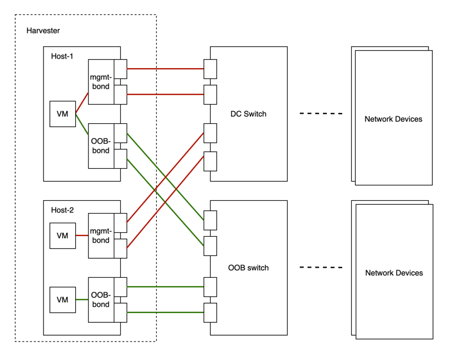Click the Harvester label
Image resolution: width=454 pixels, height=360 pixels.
pyautogui.click(x=43, y=31)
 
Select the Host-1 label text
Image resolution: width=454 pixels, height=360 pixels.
pyautogui.click(x=62, y=56)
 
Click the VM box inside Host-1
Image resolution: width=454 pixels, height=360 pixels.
pyautogui.click(x=62, y=114)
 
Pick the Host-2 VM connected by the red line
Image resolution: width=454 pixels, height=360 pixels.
pyautogui.click(x=62, y=236)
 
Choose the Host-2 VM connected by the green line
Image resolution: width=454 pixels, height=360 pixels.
pyautogui.click(x=62, y=300)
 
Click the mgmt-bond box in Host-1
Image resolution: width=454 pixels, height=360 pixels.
pyautogui.click(x=101, y=81)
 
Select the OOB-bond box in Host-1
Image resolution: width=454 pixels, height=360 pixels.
pyautogui.click(x=101, y=146)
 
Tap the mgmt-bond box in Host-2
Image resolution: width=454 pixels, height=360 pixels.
pyautogui.click(x=101, y=236)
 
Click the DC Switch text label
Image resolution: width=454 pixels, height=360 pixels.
pyautogui.click(x=248, y=114)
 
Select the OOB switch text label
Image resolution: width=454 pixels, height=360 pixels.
pyautogui.click(x=248, y=268)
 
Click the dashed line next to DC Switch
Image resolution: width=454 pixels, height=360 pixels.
pyautogui.click(x=321, y=114)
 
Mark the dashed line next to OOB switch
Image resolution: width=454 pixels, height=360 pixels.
pyautogui.click(x=321, y=268)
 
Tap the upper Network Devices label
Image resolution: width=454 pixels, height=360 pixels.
pyautogui.click(x=393, y=119)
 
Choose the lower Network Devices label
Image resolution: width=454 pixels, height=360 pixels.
pyautogui.click(x=393, y=273)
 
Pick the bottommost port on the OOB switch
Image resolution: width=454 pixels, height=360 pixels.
pyautogui.click(x=210, y=312)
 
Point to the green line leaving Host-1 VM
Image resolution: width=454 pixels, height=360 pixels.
pyautogui.click(x=82, y=123)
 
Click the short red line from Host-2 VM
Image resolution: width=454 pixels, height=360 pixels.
pyautogui.click(x=82, y=236)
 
